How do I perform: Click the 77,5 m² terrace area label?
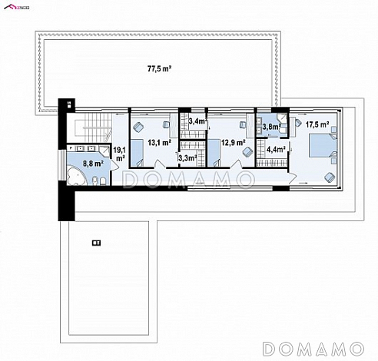(x=159, y=68)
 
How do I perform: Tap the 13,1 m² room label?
(x=158, y=142)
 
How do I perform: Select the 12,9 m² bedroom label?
(x=233, y=142)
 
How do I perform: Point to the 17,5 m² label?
(x=317, y=123)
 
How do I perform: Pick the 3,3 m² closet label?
(x=187, y=158)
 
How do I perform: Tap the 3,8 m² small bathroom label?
(x=270, y=128)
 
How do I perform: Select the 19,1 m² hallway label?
(x=120, y=154)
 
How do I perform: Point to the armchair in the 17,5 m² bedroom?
(x=330, y=177)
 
